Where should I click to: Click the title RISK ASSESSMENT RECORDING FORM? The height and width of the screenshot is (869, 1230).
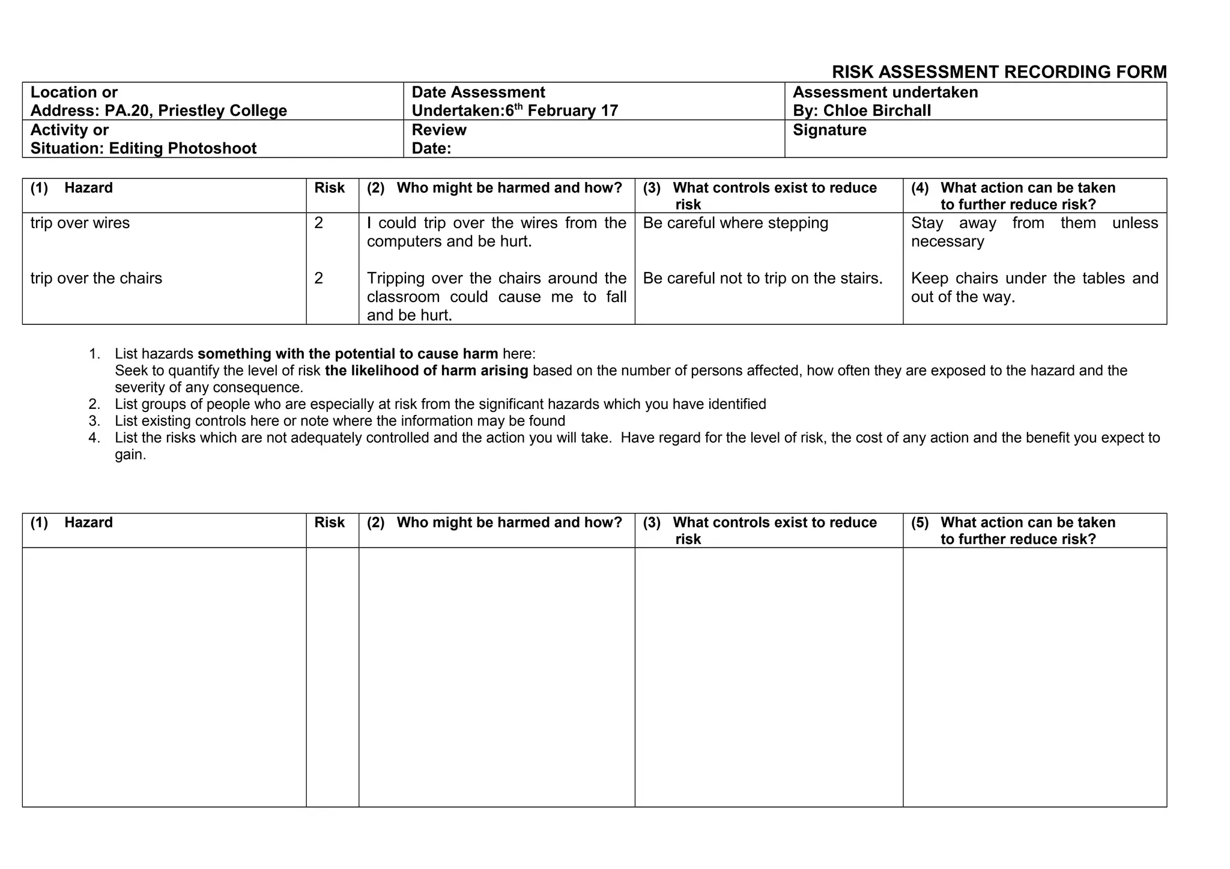(x=999, y=72)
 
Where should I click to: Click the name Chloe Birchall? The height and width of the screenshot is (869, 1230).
(x=877, y=111)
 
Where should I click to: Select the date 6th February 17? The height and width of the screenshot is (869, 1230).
(x=562, y=111)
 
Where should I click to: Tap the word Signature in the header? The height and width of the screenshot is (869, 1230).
(x=829, y=130)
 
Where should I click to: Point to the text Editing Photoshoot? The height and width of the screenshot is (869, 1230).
(x=183, y=148)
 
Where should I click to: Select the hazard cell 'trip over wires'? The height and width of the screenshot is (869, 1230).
(x=80, y=223)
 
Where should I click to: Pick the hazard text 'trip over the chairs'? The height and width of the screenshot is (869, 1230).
(x=96, y=279)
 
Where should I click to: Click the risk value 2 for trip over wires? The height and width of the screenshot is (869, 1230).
(x=318, y=223)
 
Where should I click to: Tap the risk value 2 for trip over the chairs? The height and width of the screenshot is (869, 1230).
(x=318, y=279)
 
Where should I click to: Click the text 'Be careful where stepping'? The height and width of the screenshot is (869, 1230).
(x=735, y=223)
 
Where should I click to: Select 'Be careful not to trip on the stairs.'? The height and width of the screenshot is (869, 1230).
(x=763, y=279)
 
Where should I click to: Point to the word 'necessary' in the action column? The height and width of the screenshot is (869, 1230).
(x=947, y=242)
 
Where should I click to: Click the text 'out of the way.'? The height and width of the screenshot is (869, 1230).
(x=963, y=297)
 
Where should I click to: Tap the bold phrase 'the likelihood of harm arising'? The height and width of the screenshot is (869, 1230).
(x=426, y=371)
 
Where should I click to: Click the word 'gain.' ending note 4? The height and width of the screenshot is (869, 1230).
(x=130, y=455)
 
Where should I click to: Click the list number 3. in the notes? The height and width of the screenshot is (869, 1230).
(x=94, y=421)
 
